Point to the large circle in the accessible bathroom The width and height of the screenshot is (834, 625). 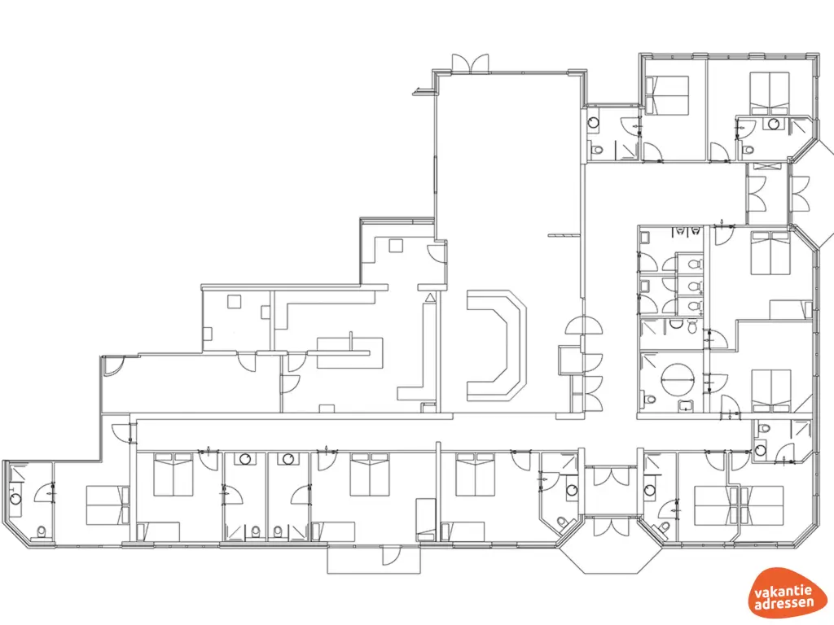tap(675, 379)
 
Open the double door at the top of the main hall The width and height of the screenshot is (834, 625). tap(471, 63)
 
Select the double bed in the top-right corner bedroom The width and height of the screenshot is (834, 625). tap(770, 92)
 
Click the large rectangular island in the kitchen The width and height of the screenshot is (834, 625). tap(343, 352)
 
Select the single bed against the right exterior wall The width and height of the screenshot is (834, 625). tap(791, 309)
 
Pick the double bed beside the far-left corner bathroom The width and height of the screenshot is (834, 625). tap(108, 505)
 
